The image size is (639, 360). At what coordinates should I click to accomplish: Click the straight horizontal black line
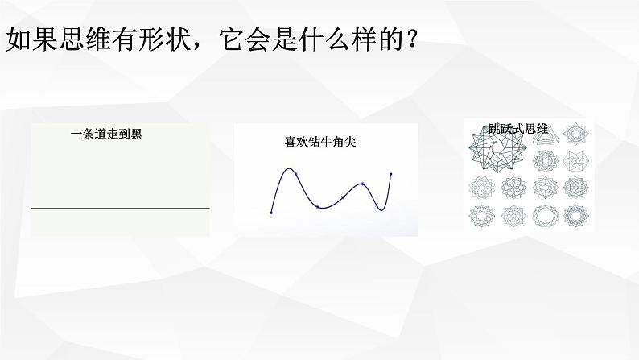click(x=120, y=209)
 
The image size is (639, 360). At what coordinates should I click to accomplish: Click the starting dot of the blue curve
click(x=271, y=213)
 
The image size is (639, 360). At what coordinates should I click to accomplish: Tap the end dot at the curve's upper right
click(x=391, y=174)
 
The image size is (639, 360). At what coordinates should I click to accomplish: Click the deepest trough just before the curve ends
click(x=377, y=208)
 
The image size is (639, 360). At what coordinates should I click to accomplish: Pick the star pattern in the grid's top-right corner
click(x=575, y=134)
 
